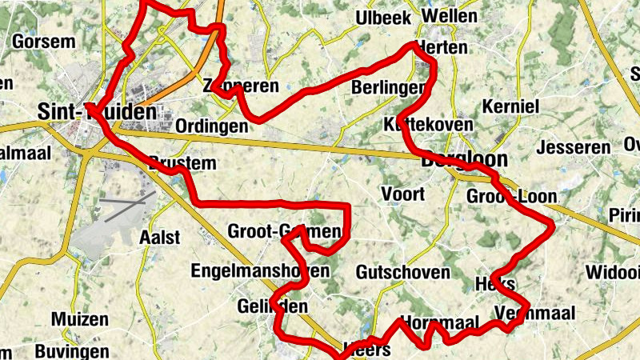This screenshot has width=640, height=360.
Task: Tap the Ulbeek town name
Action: (384, 18)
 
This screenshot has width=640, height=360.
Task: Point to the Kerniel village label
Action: (511, 106)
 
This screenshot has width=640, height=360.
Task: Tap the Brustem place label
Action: (182, 163)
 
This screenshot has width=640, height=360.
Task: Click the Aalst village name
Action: (159, 237)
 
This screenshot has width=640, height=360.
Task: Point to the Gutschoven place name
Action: (403, 272)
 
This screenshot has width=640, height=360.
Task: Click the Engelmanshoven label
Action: (259, 271)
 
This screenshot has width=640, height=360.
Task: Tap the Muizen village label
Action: (79, 319)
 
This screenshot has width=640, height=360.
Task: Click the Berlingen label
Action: (387, 89)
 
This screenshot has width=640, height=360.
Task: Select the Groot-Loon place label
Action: (511, 197)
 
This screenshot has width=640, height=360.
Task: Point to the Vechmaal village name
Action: (535, 313)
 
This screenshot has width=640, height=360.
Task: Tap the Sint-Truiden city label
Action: (96, 111)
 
